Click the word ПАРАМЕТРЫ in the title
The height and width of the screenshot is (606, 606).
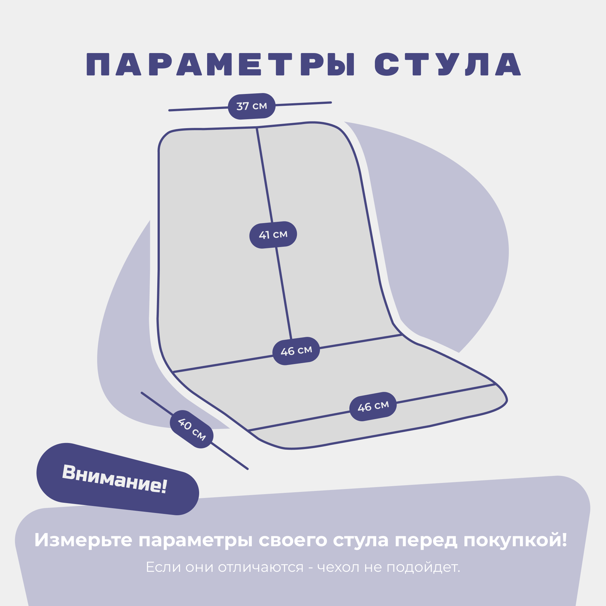[221, 65]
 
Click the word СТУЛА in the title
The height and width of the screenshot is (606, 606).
[447, 65]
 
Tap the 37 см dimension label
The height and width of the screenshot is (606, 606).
[252, 106]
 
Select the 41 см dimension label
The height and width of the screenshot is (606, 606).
[273, 235]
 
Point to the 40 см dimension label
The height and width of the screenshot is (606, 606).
[191, 429]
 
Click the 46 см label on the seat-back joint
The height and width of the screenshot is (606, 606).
[296, 351]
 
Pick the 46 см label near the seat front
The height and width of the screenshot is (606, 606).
[373, 406]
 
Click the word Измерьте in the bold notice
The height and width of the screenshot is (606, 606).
[83, 540]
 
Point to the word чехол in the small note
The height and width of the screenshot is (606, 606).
[338, 567]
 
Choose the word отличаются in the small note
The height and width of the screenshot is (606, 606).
[260, 567]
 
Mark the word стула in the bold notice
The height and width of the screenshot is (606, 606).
[361, 540]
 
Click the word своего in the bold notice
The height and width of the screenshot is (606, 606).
[293, 540]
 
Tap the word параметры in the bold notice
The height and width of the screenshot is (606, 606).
[195, 540]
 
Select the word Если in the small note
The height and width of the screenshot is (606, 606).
[163, 567]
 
